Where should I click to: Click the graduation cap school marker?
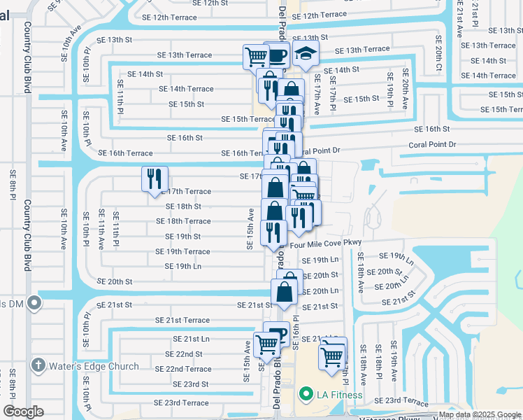[304, 53]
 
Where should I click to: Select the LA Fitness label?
[339, 395]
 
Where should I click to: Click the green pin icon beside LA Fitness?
[305, 395]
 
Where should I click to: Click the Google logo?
[23, 412]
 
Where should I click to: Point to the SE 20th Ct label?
[438, 49]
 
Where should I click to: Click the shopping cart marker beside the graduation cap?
[256, 56]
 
